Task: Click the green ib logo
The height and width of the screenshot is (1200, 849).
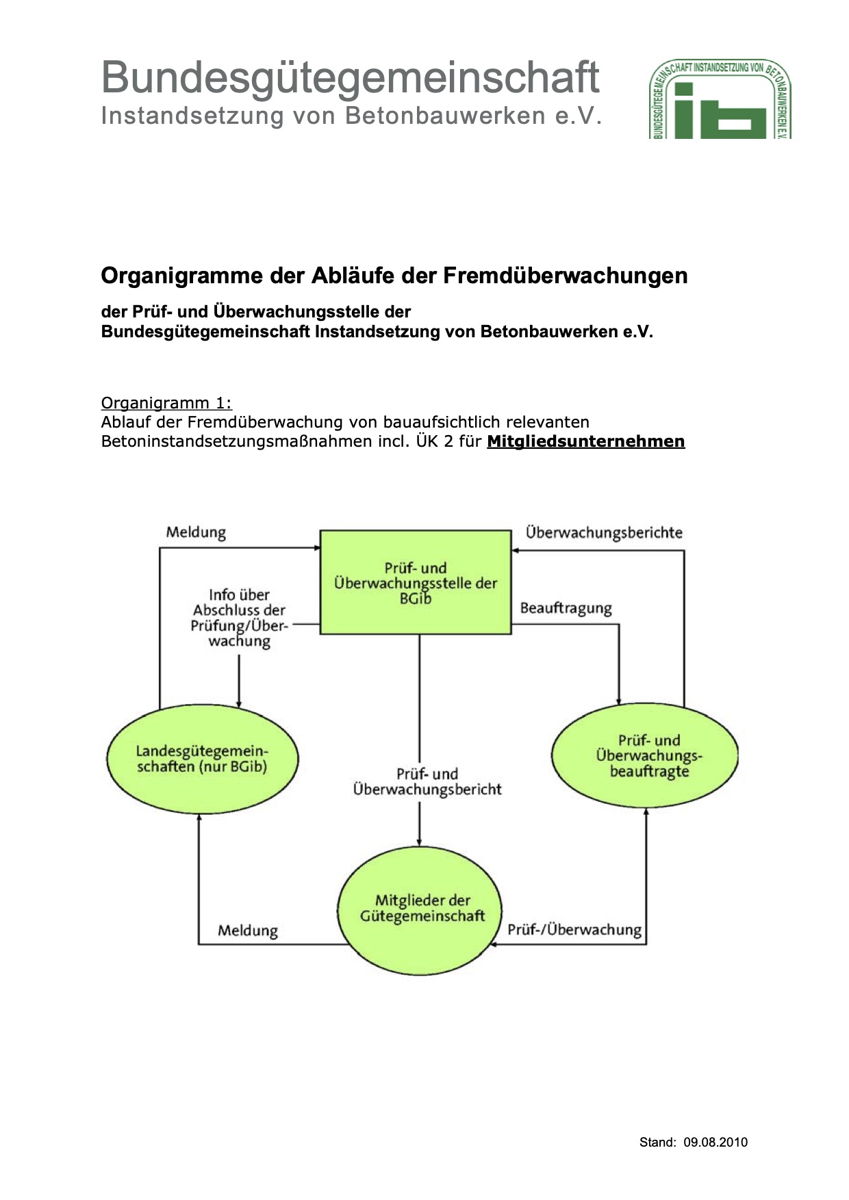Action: pyautogui.click(x=720, y=100)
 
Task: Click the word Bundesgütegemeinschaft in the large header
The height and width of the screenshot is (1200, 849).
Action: pyautogui.click(x=350, y=77)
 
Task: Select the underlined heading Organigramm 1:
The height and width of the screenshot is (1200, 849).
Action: pyautogui.click(x=166, y=403)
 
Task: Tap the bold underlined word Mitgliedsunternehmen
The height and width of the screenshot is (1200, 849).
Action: pyautogui.click(x=585, y=441)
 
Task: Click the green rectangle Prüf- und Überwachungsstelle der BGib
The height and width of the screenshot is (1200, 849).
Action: pyautogui.click(x=416, y=582)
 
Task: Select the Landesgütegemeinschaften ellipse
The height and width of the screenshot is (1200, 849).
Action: pyautogui.click(x=202, y=759)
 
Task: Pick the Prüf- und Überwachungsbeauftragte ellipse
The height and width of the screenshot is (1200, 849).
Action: pyautogui.click(x=645, y=755)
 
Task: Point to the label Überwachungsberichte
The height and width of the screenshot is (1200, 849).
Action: pyautogui.click(x=604, y=532)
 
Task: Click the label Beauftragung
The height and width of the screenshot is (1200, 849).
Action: pyautogui.click(x=566, y=608)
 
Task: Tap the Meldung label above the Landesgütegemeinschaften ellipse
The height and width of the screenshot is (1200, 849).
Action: pyautogui.click(x=196, y=532)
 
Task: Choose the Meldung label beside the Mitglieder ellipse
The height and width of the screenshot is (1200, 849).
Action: pyautogui.click(x=248, y=930)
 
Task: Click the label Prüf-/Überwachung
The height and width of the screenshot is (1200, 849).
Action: pyautogui.click(x=574, y=930)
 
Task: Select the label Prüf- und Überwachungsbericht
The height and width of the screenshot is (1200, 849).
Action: pyautogui.click(x=427, y=781)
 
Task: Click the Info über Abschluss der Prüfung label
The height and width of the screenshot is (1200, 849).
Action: pyautogui.click(x=239, y=618)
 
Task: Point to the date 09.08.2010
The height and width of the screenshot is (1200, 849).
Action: pyautogui.click(x=715, y=1142)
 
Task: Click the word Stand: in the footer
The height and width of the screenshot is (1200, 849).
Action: pyautogui.click(x=657, y=1142)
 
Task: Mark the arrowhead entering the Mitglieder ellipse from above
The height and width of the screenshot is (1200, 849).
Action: pyautogui.click(x=420, y=842)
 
